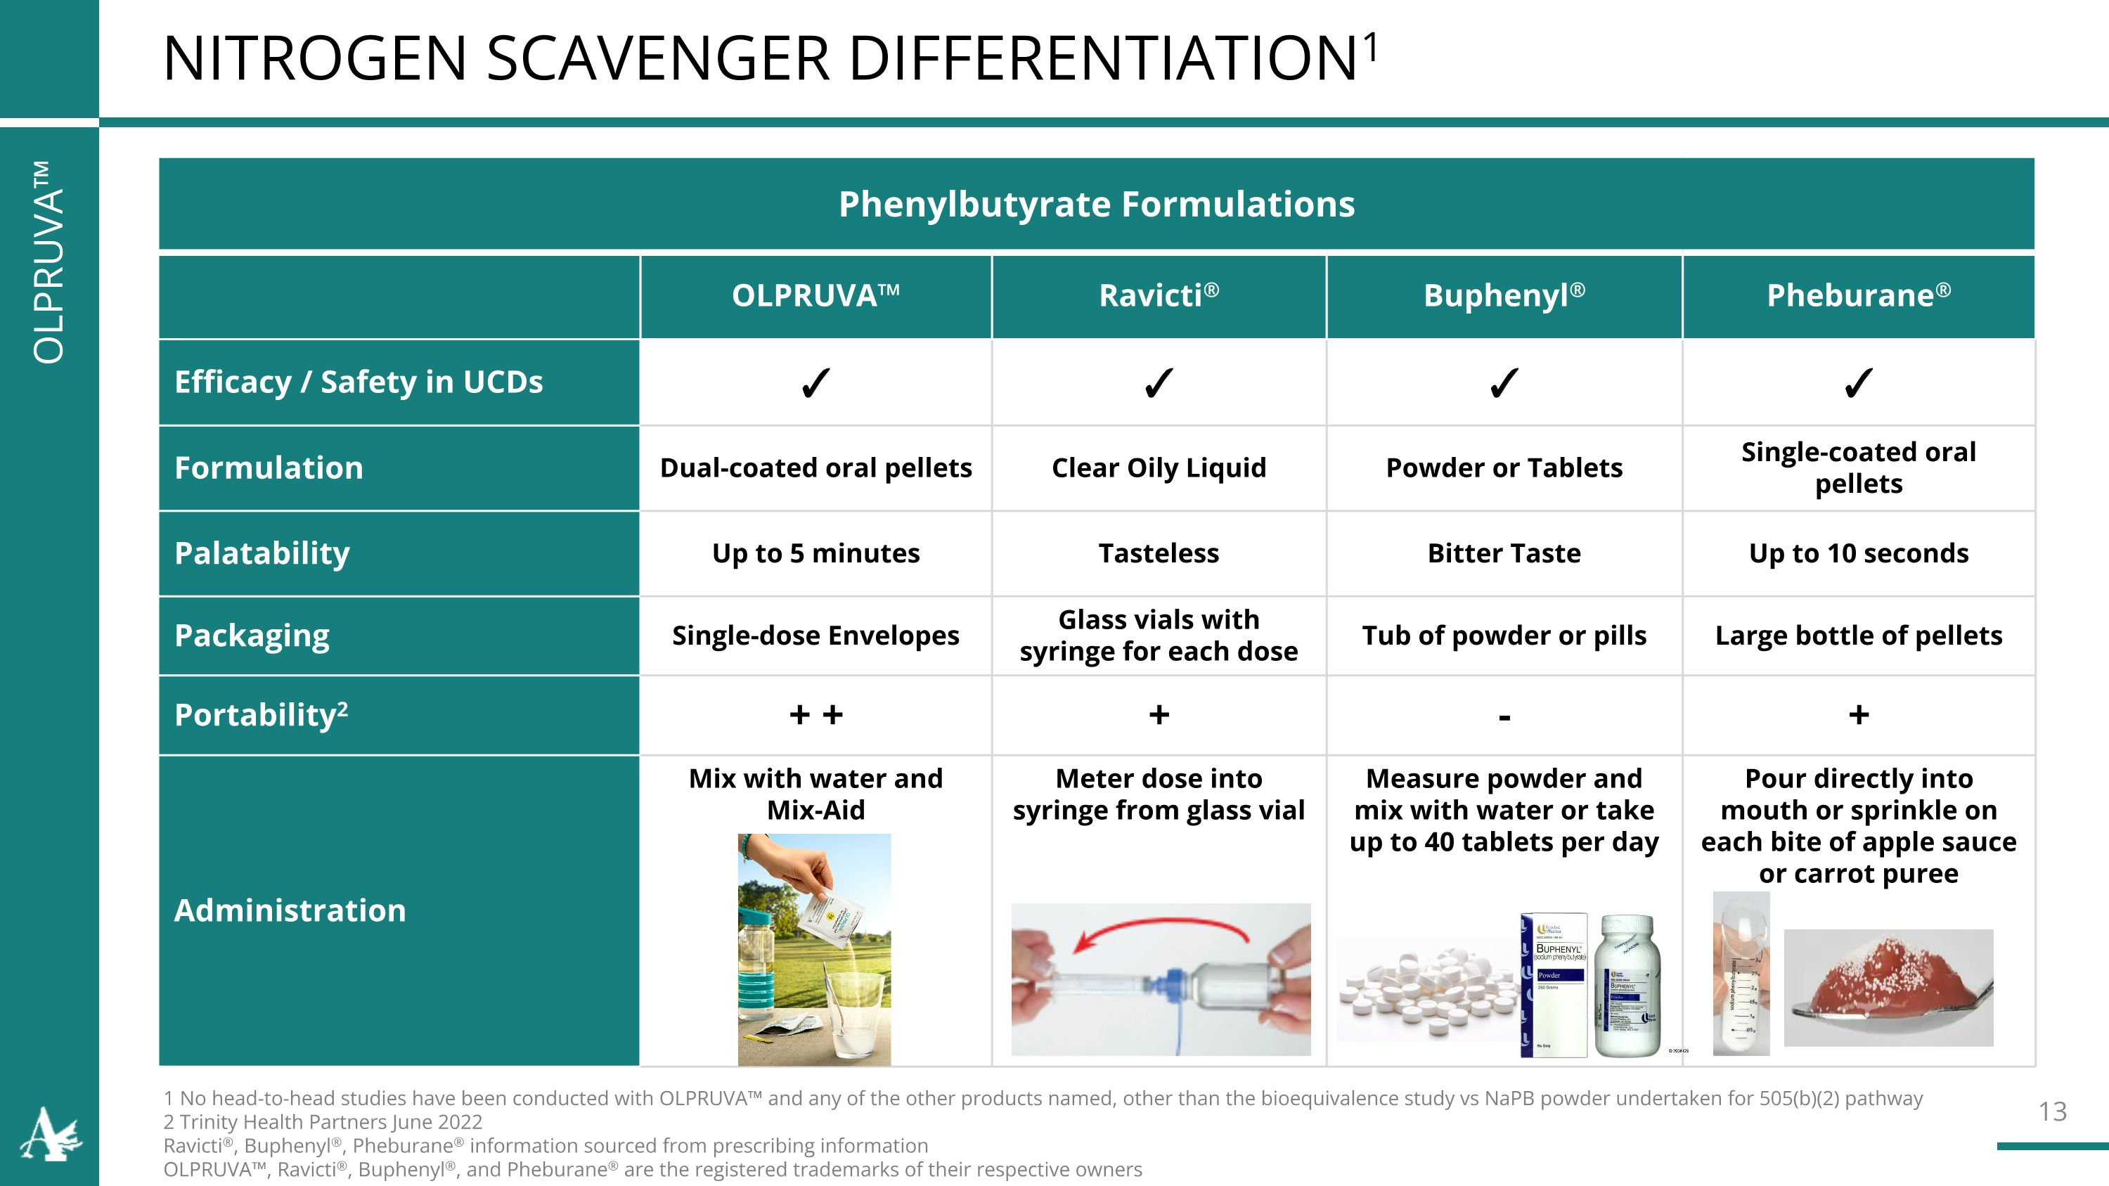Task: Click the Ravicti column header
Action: tap(1159, 296)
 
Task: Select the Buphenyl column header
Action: tap(1504, 296)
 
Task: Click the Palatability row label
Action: tap(262, 553)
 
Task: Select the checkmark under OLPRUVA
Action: tap(815, 383)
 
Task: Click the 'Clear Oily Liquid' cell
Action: tap(1159, 468)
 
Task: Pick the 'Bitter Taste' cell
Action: tap(1504, 553)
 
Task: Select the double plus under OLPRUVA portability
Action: tap(815, 714)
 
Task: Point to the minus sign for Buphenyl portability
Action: tap(1504, 718)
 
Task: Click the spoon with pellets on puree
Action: tap(1887, 991)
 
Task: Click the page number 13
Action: tap(2051, 1111)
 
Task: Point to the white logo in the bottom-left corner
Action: tap(51, 1135)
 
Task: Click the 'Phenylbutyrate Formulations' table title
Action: tap(1096, 204)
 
